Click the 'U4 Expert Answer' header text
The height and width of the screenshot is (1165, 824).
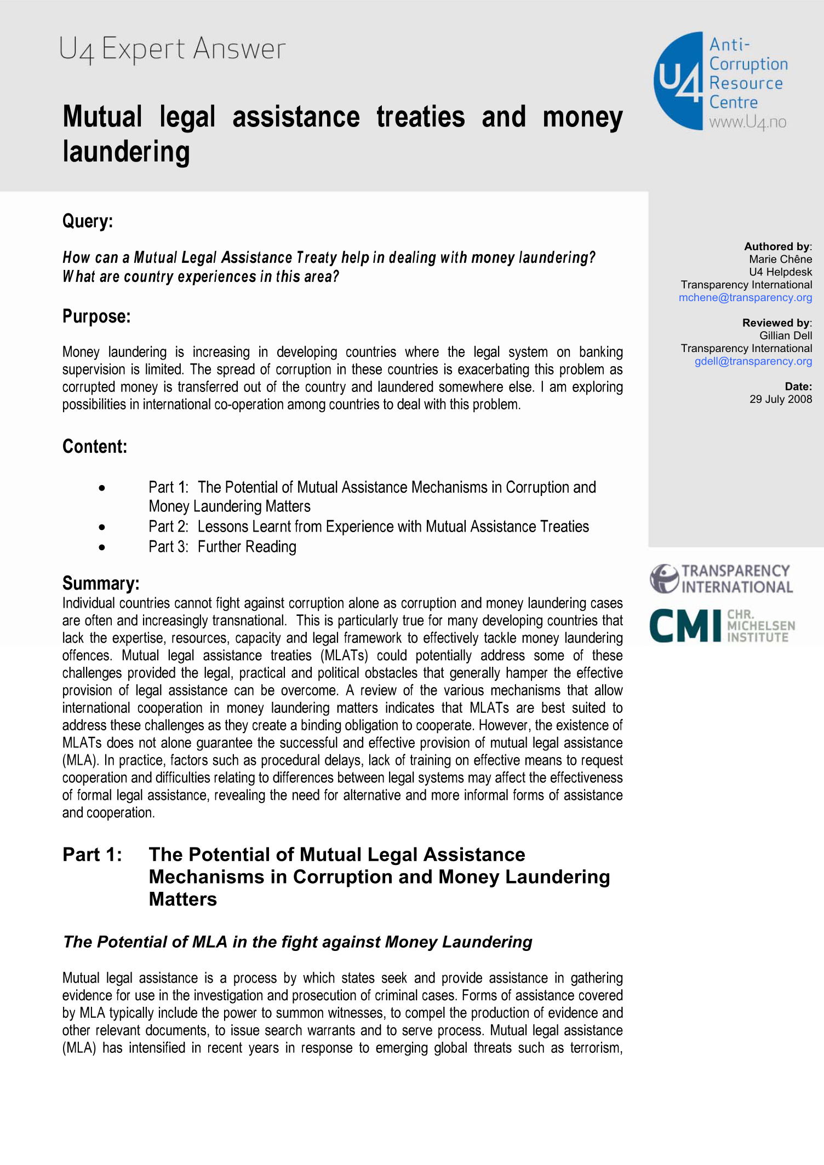(x=172, y=49)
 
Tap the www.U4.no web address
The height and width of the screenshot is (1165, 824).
(x=747, y=122)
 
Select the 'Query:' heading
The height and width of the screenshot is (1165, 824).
(x=88, y=221)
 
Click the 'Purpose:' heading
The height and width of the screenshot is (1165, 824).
(x=96, y=316)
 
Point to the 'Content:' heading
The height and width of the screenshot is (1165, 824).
(x=95, y=446)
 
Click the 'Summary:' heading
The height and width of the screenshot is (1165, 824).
(x=101, y=583)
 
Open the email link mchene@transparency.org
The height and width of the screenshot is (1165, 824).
(x=745, y=297)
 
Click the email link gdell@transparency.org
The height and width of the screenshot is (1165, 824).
(x=753, y=361)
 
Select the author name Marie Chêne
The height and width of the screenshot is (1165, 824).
(x=780, y=259)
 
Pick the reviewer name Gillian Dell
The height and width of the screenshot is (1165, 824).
(x=785, y=336)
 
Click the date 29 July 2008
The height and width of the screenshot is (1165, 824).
(x=780, y=399)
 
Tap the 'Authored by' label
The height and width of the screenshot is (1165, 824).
(x=777, y=246)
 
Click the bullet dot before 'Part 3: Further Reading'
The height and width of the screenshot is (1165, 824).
(x=102, y=547)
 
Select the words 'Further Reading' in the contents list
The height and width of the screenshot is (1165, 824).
(x=247, y=547)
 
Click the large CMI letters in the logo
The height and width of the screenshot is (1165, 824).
(x=685, y=625)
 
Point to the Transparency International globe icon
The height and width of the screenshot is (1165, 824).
(x=664, y=579)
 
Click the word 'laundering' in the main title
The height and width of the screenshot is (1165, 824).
(x=127, y=152)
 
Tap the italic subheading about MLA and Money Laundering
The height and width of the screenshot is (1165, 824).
(x=297, y=942)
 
